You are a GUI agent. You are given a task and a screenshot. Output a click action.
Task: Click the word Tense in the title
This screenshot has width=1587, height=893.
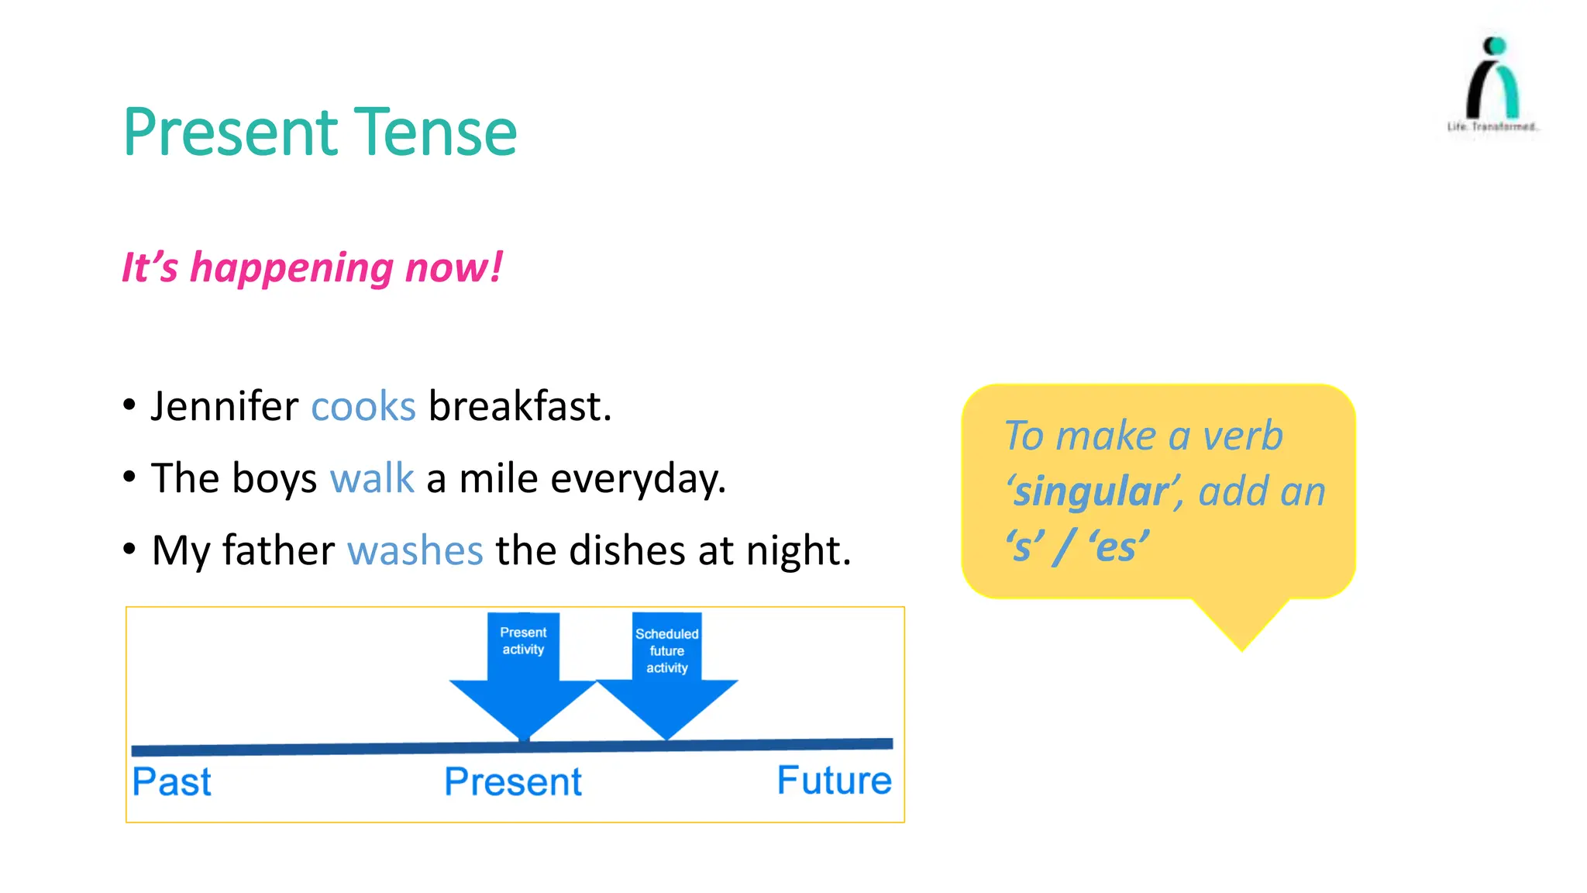point(435,133)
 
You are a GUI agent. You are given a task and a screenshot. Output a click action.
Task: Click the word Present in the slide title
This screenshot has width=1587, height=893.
point(231,133)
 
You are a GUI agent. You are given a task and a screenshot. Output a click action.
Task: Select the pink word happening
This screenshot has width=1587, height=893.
point(291,268)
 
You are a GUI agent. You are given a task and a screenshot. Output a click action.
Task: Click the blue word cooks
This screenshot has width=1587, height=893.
point(363,407)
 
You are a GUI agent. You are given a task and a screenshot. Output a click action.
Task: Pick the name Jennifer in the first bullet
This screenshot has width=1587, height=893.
point(225,407)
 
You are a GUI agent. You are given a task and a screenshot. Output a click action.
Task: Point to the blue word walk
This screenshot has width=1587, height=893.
point(372,478)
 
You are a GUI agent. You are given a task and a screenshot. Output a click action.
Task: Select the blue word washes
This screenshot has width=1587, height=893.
point(415,550)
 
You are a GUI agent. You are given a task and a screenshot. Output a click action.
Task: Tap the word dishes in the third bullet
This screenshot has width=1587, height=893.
point(627,550)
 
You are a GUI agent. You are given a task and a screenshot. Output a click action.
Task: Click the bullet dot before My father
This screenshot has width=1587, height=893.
point(129,549)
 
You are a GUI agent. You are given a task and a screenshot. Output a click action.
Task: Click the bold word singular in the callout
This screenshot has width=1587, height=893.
point(1090,492)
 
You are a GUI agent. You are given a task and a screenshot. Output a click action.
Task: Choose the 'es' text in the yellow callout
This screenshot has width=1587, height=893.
point(1118,546)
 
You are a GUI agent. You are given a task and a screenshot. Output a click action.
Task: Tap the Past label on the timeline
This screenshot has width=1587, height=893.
point(171,781)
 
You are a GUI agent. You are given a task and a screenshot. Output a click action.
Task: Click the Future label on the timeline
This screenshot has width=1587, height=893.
point(834,781)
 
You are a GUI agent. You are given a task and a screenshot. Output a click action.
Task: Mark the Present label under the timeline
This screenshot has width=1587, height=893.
point(512,781)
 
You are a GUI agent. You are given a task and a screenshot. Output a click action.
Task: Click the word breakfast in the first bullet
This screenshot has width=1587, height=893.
point(519,407)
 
